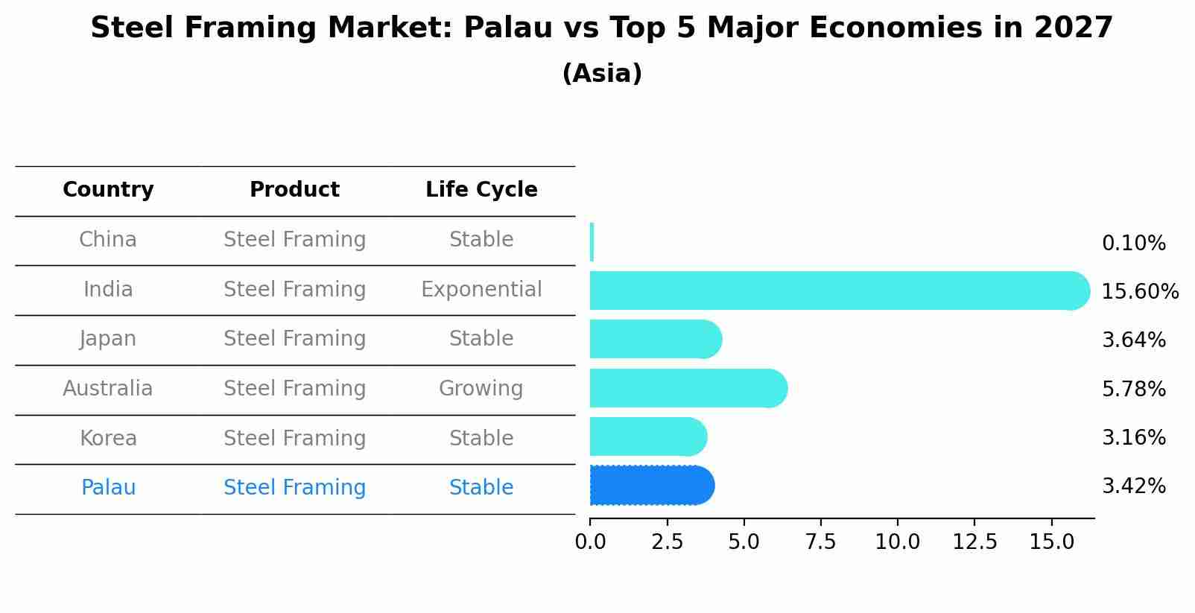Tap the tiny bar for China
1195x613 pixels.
[592, 242]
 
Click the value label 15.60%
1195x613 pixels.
[1140, 291]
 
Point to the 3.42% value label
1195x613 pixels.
[1133, 486]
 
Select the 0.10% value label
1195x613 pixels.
[1133, 244]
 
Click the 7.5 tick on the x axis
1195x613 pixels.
[820, 542]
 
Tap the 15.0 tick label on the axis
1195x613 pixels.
[1051, 542]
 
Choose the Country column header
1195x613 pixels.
[108, 190]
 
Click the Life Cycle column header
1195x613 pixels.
[481, 190]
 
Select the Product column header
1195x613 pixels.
[294, 190]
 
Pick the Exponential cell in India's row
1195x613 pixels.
[481, 290]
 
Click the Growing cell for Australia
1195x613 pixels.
[481, 389]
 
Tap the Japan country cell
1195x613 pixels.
[108, 339]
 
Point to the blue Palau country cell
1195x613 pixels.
[108, 488]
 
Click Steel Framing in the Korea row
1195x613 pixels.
[294, 439]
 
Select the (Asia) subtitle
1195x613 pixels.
[602, 74]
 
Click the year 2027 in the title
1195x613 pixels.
[1073, 28]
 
